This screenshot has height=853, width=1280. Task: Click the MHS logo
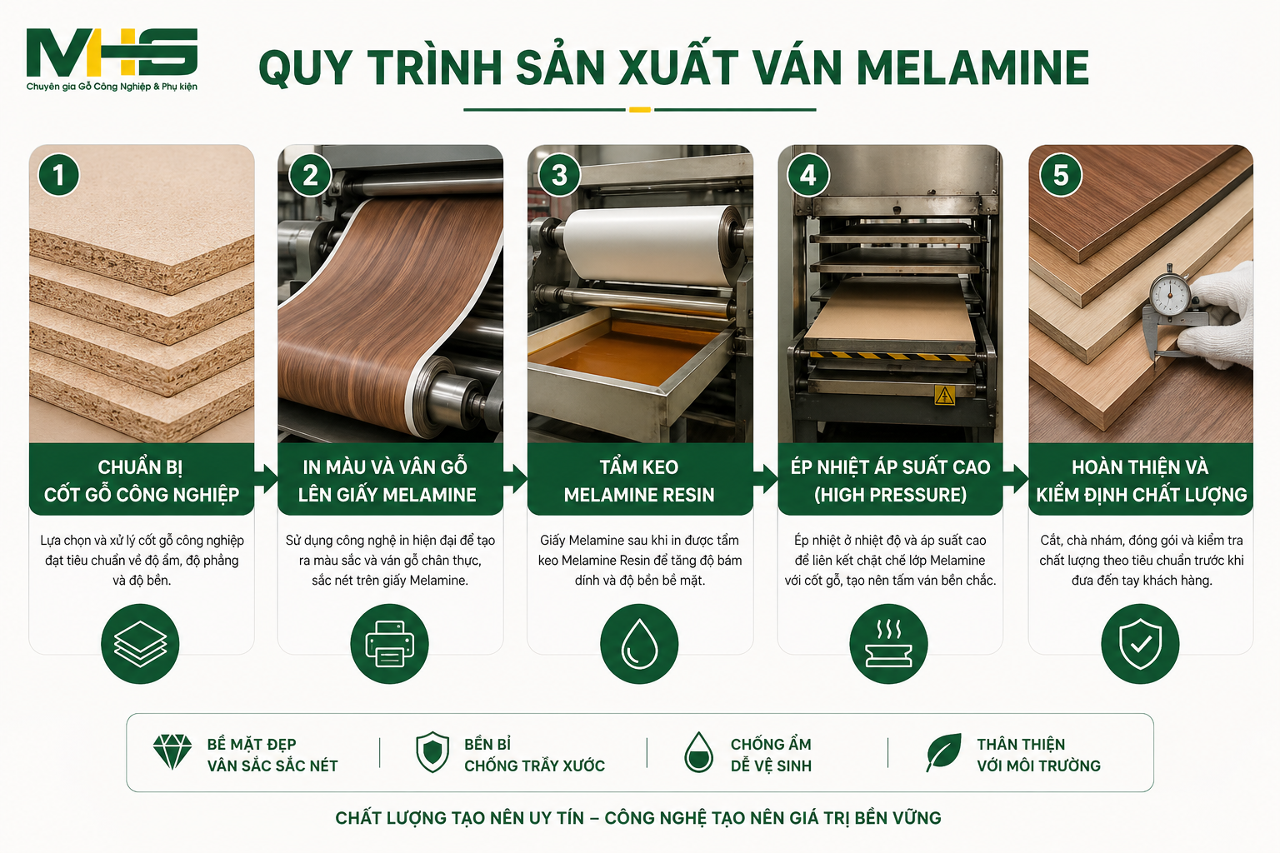112,59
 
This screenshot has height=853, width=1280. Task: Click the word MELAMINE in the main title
972,68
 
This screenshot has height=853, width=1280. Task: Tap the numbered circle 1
58,175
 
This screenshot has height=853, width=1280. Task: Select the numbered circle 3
559,175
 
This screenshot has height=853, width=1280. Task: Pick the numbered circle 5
1061,175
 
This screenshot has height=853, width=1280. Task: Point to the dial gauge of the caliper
1170,294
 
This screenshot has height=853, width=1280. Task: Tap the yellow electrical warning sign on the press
944,396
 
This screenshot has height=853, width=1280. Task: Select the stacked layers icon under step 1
140,644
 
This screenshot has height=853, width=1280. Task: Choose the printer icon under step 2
390,644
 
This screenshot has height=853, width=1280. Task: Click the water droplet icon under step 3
639,644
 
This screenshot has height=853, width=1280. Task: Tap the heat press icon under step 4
888,644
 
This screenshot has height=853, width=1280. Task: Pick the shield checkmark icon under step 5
1140,644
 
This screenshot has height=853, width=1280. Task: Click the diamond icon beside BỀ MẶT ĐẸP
172,752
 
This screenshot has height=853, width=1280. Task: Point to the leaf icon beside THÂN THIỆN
943,752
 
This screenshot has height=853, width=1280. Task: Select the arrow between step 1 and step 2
267,479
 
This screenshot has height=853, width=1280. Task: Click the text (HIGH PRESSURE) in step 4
890,495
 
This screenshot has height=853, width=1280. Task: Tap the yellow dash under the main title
640,110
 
